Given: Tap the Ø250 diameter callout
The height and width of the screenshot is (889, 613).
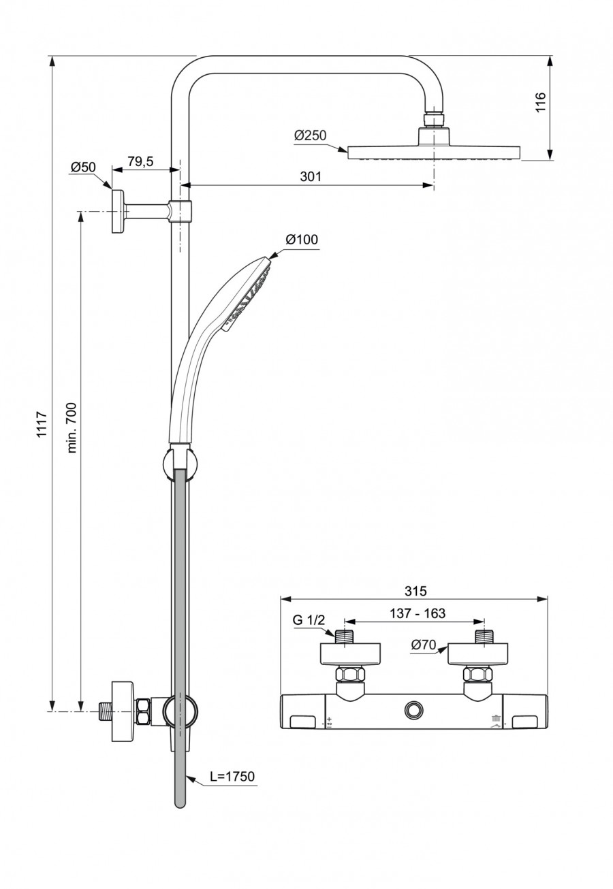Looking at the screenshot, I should (x=310, y=135).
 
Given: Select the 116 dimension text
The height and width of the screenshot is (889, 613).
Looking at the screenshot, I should (x=541, y=102).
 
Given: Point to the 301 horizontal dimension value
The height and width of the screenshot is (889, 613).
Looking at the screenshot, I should (x=310, y=176).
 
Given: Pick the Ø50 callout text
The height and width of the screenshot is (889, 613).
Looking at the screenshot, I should (x=83, y=167).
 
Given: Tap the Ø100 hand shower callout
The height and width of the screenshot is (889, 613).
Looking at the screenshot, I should (x=302, y=240).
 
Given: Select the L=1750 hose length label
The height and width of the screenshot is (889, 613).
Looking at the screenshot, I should (x=232, y=776).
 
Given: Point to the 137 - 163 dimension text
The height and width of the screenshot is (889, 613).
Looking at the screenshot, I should (x=418, y=613).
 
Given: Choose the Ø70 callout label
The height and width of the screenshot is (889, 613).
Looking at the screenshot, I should (x=424, y=645).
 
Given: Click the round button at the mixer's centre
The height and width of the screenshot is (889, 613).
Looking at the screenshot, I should (x=413, y=710).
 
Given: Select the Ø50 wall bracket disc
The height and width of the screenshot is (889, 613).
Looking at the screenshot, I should (x=119, y=211).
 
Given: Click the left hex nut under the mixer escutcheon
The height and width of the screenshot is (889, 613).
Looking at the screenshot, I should (x=350, y=675).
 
